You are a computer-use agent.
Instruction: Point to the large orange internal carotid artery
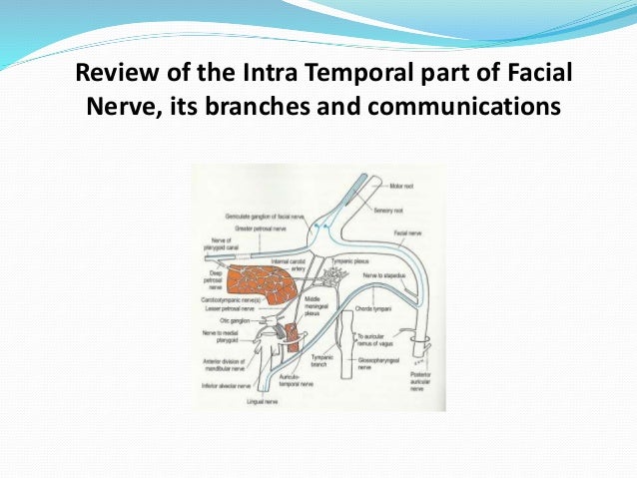(x=261, y=284)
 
